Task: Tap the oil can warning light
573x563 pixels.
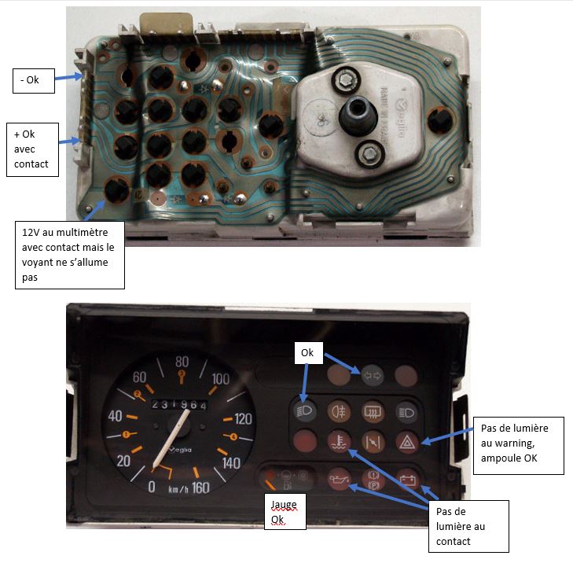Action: (x=336, y=477)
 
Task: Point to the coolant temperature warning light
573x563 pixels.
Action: (x=336, y=441)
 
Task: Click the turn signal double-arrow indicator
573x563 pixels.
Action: (x=372, y=375)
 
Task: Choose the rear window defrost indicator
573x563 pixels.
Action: (x=373, y=410)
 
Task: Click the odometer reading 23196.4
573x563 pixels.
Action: (x=179, y=404)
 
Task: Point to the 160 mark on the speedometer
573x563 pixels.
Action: (x=200, y=488)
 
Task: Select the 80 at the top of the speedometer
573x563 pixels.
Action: (x=182, y=362)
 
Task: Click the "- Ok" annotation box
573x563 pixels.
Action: (x=33, y=80)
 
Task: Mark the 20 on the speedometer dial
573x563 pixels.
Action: (x=123, y=460)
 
